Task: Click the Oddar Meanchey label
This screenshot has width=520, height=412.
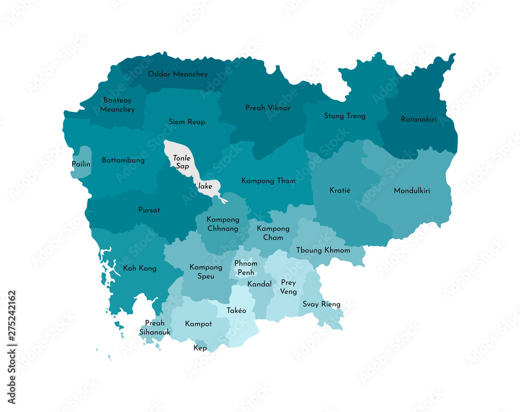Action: pos(177,74)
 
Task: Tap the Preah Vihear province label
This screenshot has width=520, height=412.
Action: pos(268,108)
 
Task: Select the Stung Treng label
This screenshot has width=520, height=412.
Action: pos(344,116)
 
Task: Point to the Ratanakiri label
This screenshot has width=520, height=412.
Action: pos(418,119)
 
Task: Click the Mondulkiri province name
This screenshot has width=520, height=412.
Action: pos(412,191)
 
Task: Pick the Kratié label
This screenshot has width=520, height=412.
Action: pos(340,190)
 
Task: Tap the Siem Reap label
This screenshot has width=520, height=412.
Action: pos(187,122)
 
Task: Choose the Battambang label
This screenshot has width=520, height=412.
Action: pos(123,160)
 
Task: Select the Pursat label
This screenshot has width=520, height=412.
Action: pos(149,210)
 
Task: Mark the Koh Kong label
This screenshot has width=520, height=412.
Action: pos(139,268)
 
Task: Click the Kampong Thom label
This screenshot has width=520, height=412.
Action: pos(268,181)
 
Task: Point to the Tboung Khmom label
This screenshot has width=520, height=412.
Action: pos(323,250)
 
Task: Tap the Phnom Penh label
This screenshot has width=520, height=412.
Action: pos(245,268)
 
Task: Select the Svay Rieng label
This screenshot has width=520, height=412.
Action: pos(321,304)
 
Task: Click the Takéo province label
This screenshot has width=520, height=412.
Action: pos(236,311)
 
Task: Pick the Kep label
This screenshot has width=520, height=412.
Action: pos(200,348)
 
